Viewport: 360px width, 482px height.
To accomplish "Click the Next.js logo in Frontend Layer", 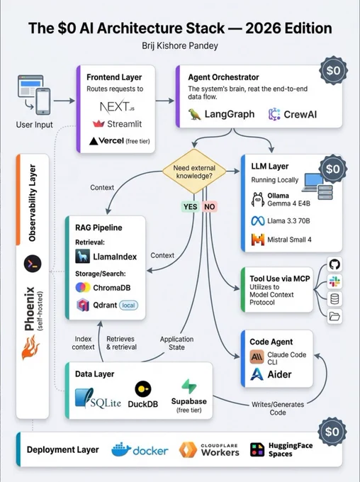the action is (x=117, y=106).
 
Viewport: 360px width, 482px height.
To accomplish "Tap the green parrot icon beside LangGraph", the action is (x=195, y=114).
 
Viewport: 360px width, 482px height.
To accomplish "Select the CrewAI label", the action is (x=300, y=114).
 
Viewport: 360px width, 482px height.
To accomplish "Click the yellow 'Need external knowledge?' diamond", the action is (x=194, y=172).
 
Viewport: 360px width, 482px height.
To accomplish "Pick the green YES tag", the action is (x=191, y=206).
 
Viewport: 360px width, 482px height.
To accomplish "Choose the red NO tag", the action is (x=209, y=206).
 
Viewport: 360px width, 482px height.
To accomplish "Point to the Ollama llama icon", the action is (x=258, y=199).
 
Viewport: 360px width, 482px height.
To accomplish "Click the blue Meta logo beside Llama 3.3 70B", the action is (x=258, y=221).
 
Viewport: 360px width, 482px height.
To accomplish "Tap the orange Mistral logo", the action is (x=258, y=240).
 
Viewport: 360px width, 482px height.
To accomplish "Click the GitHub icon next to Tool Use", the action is (x=334, y=264).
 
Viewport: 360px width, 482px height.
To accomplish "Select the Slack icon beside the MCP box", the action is (x=334, y=281).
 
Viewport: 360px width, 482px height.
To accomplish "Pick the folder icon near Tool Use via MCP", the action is (x=334, y=315).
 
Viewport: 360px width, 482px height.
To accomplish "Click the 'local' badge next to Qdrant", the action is (x=128, y=306).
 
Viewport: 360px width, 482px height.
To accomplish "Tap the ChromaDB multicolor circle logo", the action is (x=83, y=287).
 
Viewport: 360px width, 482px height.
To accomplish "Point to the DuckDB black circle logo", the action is (x=143, y=389).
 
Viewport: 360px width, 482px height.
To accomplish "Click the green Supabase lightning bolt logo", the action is (x=189, y=386).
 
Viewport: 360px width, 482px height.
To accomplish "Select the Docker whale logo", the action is (x=120, y=450).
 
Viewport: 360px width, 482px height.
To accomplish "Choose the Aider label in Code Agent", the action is (x=279, y=374).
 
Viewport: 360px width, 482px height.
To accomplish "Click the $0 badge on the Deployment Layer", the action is (x=332, y=432).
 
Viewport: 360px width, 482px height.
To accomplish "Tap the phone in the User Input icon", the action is (x=43, y=101).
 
